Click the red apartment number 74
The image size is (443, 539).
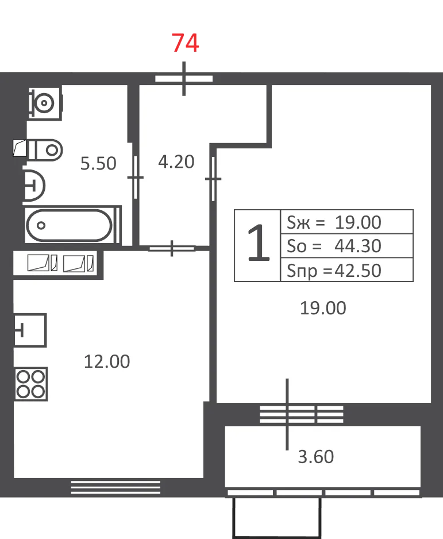tap(185, 43)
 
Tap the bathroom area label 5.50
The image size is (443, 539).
tap(98, 163)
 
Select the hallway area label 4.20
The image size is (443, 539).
tap(176, 161)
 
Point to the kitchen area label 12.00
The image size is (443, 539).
tap(107, 361)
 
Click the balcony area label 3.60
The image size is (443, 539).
tap(316, 457)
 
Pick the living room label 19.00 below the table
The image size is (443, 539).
tap(323, 308)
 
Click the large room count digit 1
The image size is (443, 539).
tap(259, 242)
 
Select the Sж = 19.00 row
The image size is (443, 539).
tap(334, 222)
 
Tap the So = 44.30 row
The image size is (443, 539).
tap(334, 246)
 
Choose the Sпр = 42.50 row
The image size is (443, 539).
tap(334, 271)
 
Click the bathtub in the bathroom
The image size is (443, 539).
tap(72, 225)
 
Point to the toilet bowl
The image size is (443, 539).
tap(45, 150)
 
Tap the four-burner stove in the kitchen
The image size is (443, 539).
tap(31, 384)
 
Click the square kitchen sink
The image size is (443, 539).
tap(30, 330)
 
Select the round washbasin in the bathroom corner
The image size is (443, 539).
tap(45, 103)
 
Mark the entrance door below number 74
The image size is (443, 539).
tap(184, 78)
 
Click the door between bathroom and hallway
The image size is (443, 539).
tap(136, 178)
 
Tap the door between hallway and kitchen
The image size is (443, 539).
tap(172, 248)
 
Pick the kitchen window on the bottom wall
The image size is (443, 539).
tap(116, 487)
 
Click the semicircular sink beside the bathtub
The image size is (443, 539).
tap(34, 186)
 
